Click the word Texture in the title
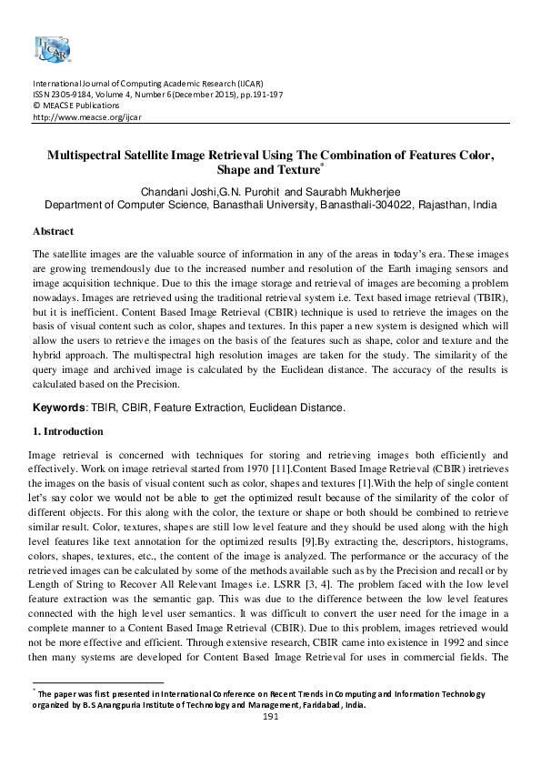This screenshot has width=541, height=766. point(289,170)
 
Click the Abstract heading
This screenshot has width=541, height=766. point(53,231)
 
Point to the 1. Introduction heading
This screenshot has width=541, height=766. point(67,431)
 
